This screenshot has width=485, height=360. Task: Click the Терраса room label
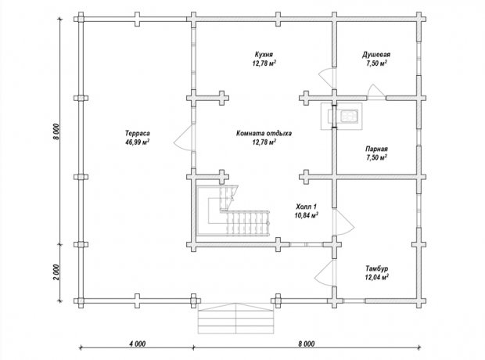coord(138,133)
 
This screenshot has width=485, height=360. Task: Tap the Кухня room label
coord(264,55)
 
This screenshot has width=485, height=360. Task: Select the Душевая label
coord(376,55)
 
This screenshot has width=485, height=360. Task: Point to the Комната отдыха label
coord(264,134)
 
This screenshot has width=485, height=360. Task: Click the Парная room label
coord(376,149)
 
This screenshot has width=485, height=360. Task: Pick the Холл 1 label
coord(306,207)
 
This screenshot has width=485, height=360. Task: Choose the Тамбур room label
coord(377,268)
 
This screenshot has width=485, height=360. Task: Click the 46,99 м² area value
coord(138,142)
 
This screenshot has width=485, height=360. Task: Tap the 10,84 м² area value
coord(307,215)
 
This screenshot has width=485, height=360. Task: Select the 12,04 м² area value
coord(377,277)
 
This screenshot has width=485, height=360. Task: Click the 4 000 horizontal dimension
coord(138,344)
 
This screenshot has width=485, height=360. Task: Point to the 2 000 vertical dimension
coord(56,272)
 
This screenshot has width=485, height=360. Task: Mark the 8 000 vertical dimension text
coord(56,131)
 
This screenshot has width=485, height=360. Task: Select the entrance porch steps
coord(235,319)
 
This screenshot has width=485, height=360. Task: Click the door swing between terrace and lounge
coord(184,139)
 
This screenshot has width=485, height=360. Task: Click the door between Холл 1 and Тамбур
coord(343,222)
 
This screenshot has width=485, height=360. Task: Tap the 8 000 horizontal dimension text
coord(307,344)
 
